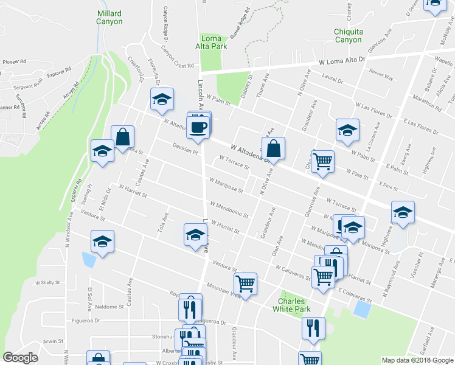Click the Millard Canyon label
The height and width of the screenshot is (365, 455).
pos(109,17)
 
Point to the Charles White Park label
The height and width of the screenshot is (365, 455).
pos(294,305)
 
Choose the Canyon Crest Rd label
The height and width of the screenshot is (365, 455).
pos(177,57)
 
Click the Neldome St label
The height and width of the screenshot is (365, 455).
pos(109,307)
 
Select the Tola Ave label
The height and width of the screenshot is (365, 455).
pos(164,226)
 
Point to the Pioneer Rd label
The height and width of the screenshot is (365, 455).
pos(14,61)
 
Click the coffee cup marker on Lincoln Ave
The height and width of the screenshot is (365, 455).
pos(199,127)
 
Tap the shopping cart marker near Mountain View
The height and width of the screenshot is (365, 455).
pos(245,283)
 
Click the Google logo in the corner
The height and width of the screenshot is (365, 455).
pos(21,358)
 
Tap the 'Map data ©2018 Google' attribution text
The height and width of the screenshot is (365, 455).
pos(417,360)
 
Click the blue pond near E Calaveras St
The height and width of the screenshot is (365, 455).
pos(362,310)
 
